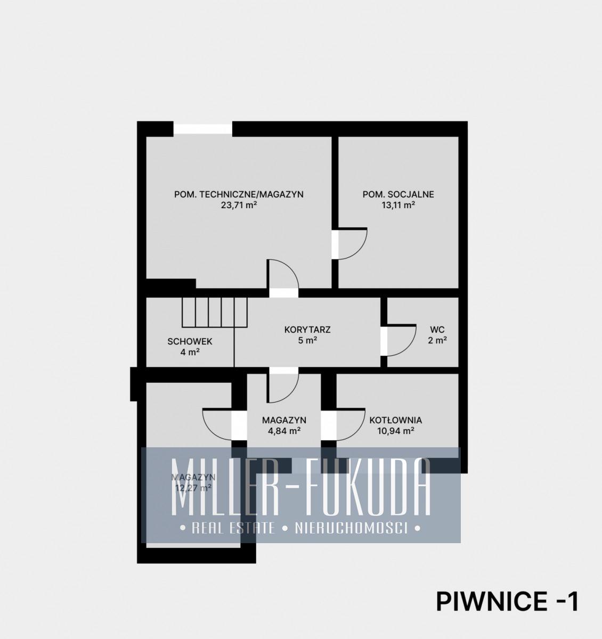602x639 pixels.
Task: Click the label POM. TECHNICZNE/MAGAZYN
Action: pyautogui.click(x=239, y=194)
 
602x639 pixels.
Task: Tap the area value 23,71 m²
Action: pyautogui.click(x=239, y=205)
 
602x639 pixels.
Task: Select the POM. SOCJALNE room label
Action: pyautogui.click(x=398, y=194)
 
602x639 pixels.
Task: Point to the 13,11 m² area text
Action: pyautogui.click(x=398, y=205)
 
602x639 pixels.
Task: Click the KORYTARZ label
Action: pyautogui.click(x=307, y=330)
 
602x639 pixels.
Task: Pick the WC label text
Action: pyautogui.click(x=437, y=330)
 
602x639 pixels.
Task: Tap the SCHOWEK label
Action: pyautogui.click(x=190, y=341)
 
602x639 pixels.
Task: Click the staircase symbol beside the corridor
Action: pyautogui.click(x=215, y=312)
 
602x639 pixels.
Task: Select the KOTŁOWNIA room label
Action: pyautogui.click(x=396, y=420)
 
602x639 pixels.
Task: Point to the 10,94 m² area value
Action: pyautogui.click(x=396, y=431)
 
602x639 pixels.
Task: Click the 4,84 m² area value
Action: pyautogui.click(x=284, y=431)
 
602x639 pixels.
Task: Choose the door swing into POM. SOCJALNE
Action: pyautogui.click(x=353, y=243)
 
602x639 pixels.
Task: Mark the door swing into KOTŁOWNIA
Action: pyautogui.click(x=351, y=424)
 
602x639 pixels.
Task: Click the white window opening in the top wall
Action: pyautogui.click(x=203, y=128)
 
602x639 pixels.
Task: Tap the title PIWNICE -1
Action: pyautogui.click(x=507, y=601)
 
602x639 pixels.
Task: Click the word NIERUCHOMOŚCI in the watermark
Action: pyautogui.click(x=351, y=528)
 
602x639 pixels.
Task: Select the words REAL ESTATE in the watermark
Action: pyautogui.click(x=233, y=528)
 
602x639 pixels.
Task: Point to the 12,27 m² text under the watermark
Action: pyautogui.click(x=193, y=488)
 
